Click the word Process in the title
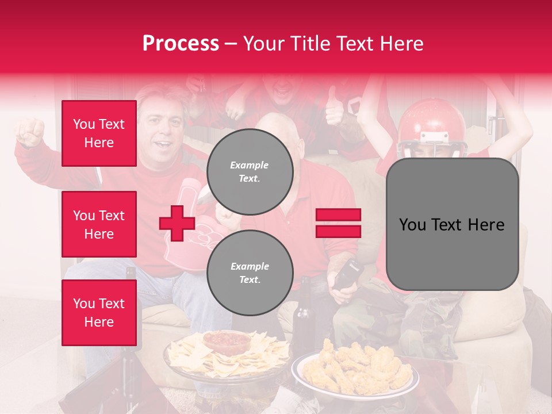181,44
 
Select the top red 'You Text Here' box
99,133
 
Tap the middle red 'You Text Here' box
99,224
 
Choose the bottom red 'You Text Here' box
99,313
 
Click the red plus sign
177,224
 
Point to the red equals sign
338,223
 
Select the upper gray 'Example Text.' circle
250,172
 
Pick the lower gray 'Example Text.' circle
250,273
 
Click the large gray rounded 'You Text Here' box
452,224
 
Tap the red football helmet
432,124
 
